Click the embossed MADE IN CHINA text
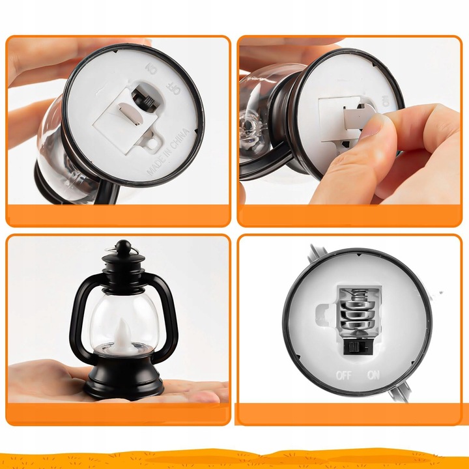point(167,152)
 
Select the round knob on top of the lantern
point(122,248)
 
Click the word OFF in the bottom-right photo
point(343,375)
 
